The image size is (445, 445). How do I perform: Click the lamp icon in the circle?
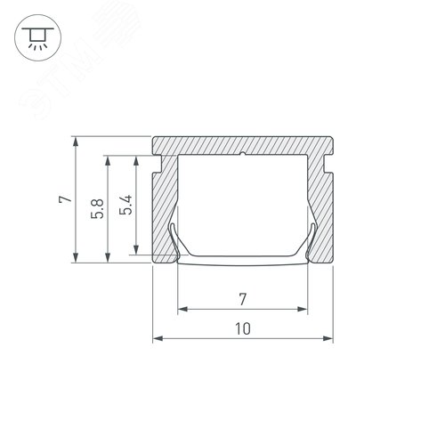(x=36, y=36)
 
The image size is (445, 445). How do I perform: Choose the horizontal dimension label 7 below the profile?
(x=242, y=297)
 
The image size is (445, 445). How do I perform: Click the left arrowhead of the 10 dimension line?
(x=158, y=338)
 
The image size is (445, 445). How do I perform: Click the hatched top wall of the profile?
(x=242, y=146)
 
